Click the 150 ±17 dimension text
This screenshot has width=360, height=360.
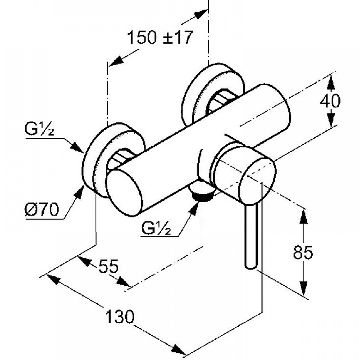click(x=160, y=37)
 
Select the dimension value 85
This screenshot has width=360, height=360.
click(x=303, y=253)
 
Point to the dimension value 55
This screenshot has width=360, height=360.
click(x=108, y=267)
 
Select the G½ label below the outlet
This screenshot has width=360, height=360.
click(x=155, y=229)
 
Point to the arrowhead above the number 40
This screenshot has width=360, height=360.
click(x=331, y=81)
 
